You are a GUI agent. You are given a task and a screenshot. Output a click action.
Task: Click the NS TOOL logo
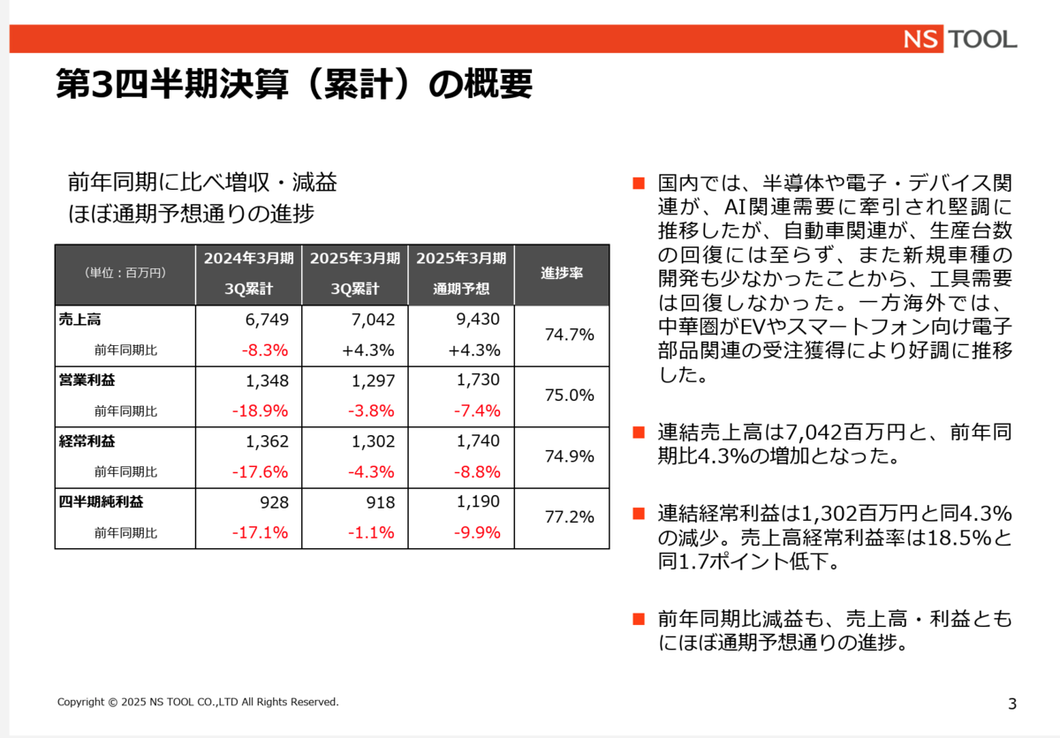point(960,39)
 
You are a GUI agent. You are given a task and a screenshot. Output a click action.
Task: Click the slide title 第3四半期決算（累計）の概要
point(294,86)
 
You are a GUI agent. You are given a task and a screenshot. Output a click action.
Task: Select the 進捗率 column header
point(562,274)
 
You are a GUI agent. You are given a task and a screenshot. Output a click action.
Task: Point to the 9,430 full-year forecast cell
point(478,320)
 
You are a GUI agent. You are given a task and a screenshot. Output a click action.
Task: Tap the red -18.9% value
point(260,410)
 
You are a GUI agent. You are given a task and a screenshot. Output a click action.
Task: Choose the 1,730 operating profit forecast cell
point(478,380)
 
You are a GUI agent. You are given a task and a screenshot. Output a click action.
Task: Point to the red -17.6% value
point(260,471)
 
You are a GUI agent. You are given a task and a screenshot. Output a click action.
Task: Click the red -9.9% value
point(478,532)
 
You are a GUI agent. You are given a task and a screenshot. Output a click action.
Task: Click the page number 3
point(1012,704)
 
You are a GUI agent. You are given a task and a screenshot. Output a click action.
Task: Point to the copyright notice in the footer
point(198,702)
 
